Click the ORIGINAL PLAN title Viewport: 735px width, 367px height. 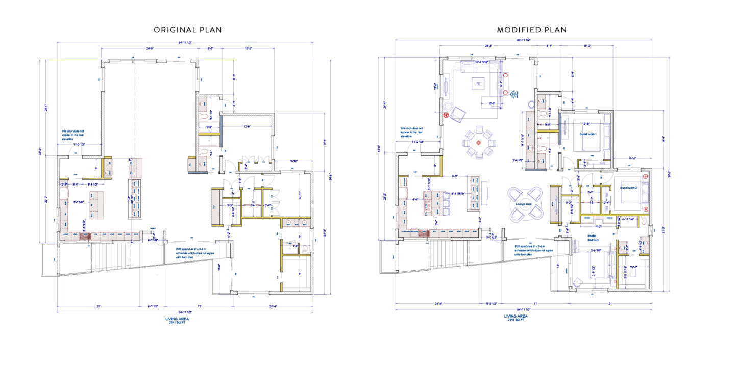[x=188, y=30]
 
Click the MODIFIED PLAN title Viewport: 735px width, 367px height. [x=532, y=30]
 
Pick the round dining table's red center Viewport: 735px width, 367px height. [x=478, y=143]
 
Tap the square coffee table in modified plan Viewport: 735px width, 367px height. [x=478, y=83]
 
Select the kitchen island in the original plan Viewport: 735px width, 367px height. [x=97, y=204]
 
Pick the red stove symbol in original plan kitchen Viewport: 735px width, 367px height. [x=87, y=237]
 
